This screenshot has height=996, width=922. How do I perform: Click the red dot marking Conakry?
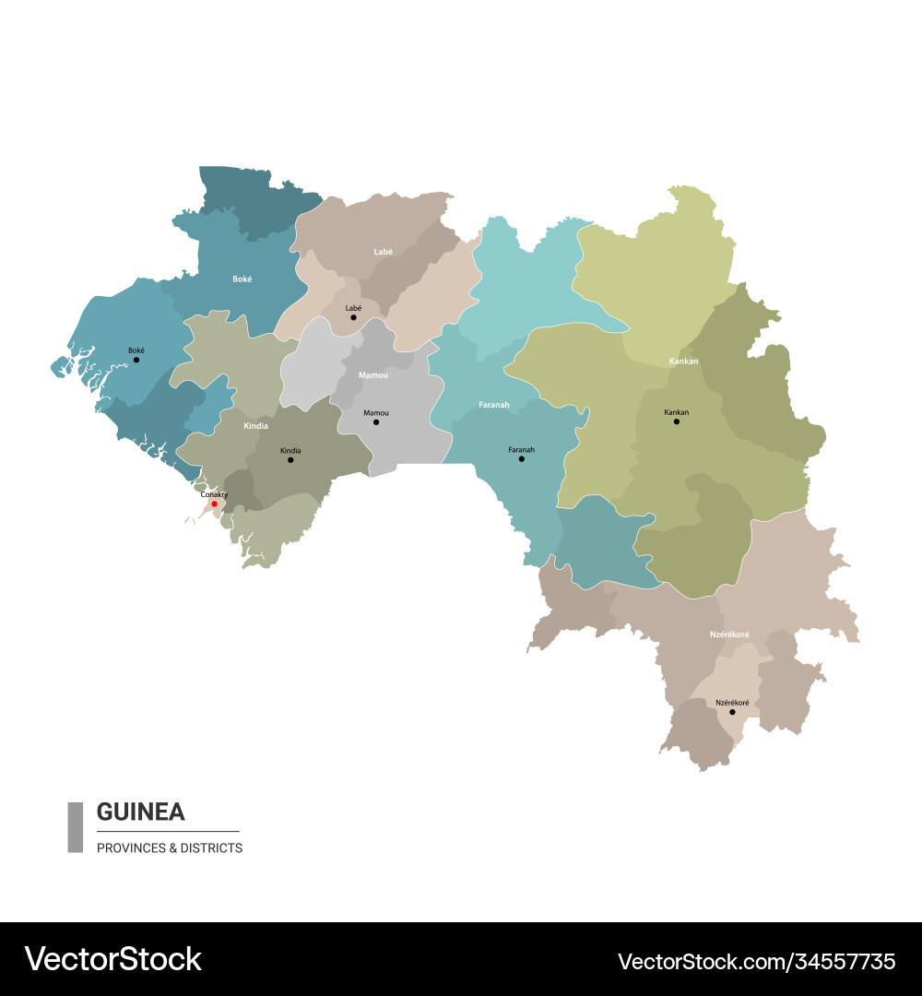coord(214,504)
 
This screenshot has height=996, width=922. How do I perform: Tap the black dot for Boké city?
coord(136,360)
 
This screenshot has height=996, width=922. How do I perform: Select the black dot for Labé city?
coord(353,317)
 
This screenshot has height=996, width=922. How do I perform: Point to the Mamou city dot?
coord(375,422)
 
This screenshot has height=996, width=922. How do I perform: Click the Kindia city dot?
coord(290,459)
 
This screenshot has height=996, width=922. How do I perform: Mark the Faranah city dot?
coord(521,458)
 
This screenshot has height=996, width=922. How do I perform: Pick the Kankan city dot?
coord(676,421)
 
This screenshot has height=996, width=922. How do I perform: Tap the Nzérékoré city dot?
coord(732,712)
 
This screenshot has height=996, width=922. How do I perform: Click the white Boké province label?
coord(242,278)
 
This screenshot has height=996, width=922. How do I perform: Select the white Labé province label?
coord(383,251)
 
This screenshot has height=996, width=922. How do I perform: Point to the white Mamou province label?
coord(373,375)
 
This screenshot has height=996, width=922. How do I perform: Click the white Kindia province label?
coord(255,426)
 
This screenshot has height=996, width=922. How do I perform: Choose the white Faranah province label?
coord(493,405)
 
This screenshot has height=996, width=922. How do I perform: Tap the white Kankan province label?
coord(683,361)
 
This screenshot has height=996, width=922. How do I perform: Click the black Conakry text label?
coord(214,494)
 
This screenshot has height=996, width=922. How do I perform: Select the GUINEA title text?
coord(140,812)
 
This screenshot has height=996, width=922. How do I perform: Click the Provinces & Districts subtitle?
coord(170,848)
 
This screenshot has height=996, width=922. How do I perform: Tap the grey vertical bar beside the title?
coord(75,826)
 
